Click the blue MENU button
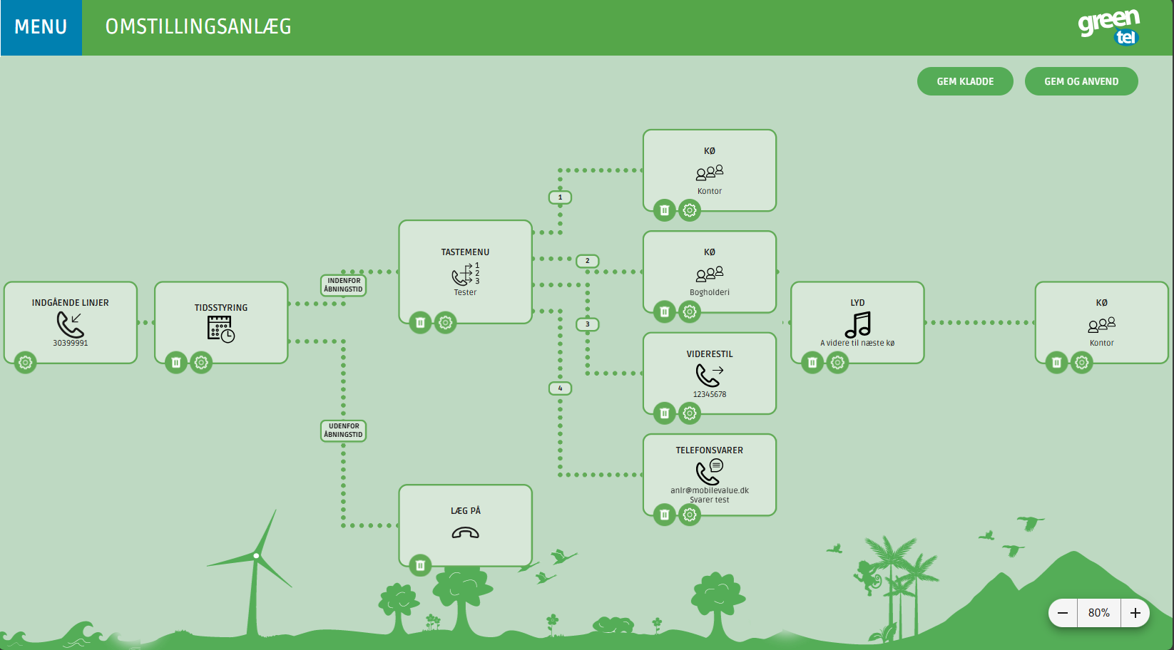click(x=41, y=27)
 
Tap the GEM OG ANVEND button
click(x=1081, y=81)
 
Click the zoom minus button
click(x=1063, y=613)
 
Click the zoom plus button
click(x=1135, y=613)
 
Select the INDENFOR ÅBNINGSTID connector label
click(x=344, y=285)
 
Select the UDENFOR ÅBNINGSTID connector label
click(x=344, y=430)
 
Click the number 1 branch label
click(x=560, y=197)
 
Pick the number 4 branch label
click(x=560, y=388)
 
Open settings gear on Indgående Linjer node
click(x=26, y=363)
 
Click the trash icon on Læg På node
click(x=420, y=566)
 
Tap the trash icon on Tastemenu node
click(x=420, y=323)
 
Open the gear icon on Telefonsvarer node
click(x=689, y=515)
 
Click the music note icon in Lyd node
click(x=857, y=324)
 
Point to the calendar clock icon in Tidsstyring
click(x=221, y=329)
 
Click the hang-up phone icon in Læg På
click(x=465, y=532)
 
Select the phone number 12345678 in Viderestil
click(x=710, y=394)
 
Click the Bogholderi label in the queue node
click(x=710, y=292)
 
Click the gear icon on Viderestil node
click(x=689, y=413)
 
